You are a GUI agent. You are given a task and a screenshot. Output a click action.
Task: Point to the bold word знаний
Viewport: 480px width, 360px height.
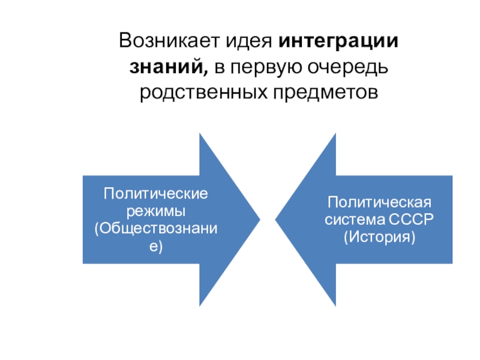[168, 67]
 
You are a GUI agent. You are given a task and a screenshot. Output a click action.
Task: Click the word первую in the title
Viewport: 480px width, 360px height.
[260, 67]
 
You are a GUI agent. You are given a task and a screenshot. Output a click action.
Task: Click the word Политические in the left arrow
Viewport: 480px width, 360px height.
[156, 194]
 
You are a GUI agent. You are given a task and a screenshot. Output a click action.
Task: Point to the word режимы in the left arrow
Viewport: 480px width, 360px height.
[156, 211]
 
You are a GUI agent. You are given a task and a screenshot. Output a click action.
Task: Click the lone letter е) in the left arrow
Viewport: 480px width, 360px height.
[156, 245]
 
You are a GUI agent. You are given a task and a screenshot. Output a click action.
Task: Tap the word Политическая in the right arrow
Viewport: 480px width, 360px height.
[379, 202]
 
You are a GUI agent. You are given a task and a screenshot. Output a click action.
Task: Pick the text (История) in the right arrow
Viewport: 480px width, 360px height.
[379, 236]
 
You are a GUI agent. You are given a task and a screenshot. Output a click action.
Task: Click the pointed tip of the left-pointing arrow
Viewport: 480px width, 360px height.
[276, 220]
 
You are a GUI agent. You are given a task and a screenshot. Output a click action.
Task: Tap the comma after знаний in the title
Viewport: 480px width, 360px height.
[207, 72]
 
